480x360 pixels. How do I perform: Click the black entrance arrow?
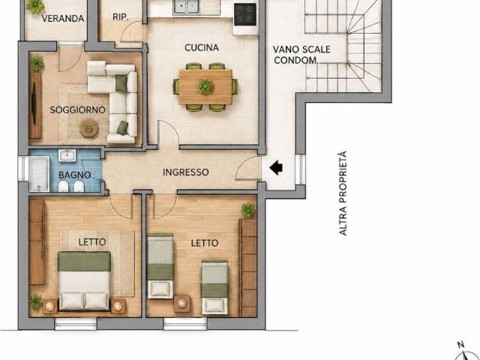coord(276,168)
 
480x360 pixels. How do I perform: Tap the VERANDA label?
coord(63,19)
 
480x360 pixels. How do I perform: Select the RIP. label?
coord(121,17)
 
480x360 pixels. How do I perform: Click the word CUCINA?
coord(202,48)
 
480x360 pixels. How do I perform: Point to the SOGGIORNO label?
coord(77,110)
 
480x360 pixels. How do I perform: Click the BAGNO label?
coord(75,175)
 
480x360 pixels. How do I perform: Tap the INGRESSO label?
coord(185,172)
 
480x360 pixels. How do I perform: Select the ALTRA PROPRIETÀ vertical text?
coord(343,193)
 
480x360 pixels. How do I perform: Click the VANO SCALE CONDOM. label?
coord(301,55)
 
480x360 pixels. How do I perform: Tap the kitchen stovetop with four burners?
coord(245,14)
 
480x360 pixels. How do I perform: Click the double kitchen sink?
coord(186,7)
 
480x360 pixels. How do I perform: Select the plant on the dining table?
coord(205,86)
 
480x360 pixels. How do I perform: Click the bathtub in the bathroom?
coord(39,174)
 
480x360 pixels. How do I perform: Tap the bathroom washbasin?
coord(67,155)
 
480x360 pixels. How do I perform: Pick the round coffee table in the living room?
coord(88,128)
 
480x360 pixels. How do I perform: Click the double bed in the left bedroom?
coord(84,281)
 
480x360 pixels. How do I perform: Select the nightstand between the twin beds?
coord(181,303)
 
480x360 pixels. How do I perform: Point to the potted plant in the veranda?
coord(35,6)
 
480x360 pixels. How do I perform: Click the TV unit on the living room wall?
coord(35,105)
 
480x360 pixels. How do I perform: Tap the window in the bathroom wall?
coord(23,168)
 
